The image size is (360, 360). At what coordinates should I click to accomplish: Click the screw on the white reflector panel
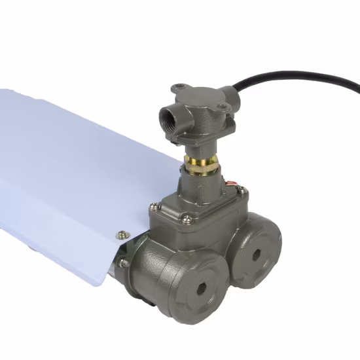pyautogui.click(x=121, y=231)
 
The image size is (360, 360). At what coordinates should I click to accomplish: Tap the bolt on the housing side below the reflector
pyautogui.click(x=124, y=263)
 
